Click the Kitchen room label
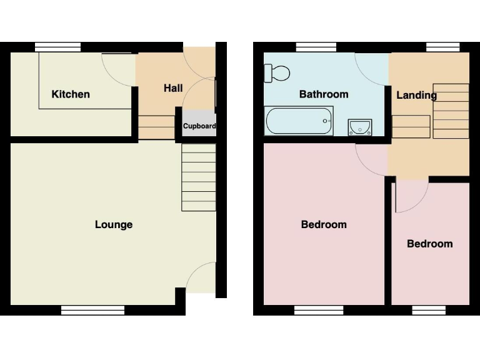[71, 94]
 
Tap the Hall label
[173, 88]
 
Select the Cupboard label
[199, 126]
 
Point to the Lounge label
[114, 225]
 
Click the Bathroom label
[324, 94]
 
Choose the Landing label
[416, 96]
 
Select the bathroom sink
[360, 127]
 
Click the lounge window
[93, 309]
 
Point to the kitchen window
[58, 46]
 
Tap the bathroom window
[316, 46]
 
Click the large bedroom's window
[319, 310]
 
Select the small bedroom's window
[429, 310]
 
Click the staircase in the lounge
[199, 177]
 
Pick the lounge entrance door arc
[201, 277]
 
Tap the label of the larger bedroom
[324, 225]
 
